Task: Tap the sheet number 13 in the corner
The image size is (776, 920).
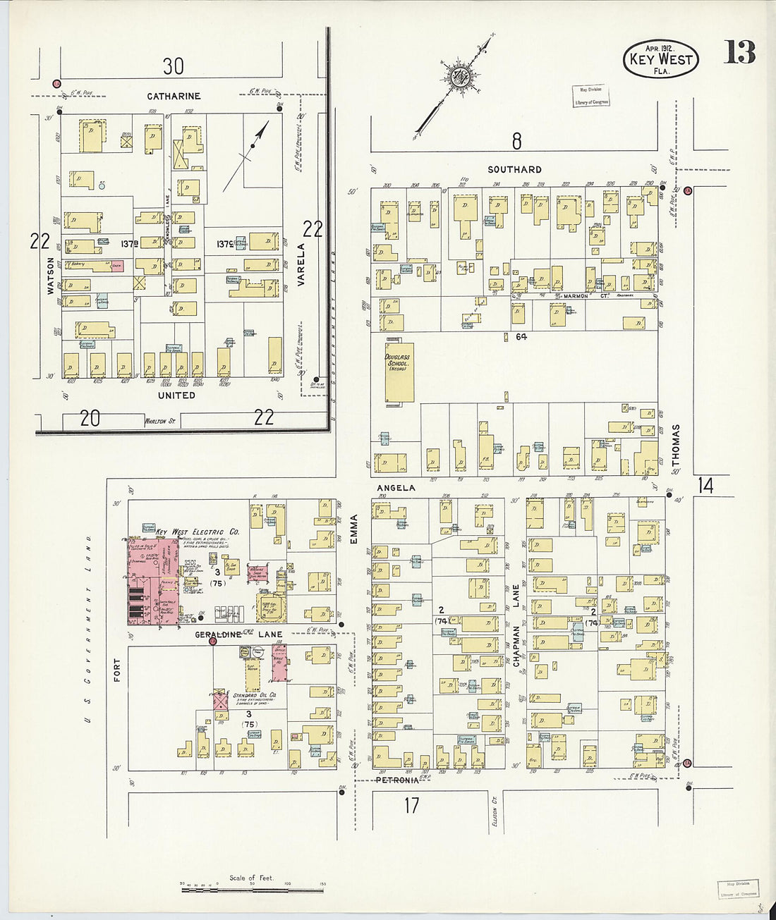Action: click(x=739, y=53)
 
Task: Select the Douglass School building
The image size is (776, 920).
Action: click(x=399, y=372)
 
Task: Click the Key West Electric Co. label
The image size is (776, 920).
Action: click(x=198, y=532)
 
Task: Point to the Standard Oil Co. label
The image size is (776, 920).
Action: click(x=254, y=696)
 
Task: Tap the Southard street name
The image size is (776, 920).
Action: click(x=515, y=169)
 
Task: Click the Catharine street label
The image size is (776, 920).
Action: click(x=174, y=96)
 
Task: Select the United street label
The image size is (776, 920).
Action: click(x=176, y=395)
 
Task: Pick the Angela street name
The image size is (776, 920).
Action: click(x=396, y=488)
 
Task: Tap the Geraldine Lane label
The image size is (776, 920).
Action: click(x=238, y=634)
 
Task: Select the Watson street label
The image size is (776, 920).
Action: click(x=50, y=275)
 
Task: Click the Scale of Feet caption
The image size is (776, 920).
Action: click(x=250, y=878)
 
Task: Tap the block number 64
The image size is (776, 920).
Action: click(x=521, y=337)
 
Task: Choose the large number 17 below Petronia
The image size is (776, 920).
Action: click(x=411, y=805)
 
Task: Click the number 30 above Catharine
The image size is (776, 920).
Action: click(x=173, y=66)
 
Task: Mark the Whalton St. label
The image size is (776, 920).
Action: click(x=160, y=421)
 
